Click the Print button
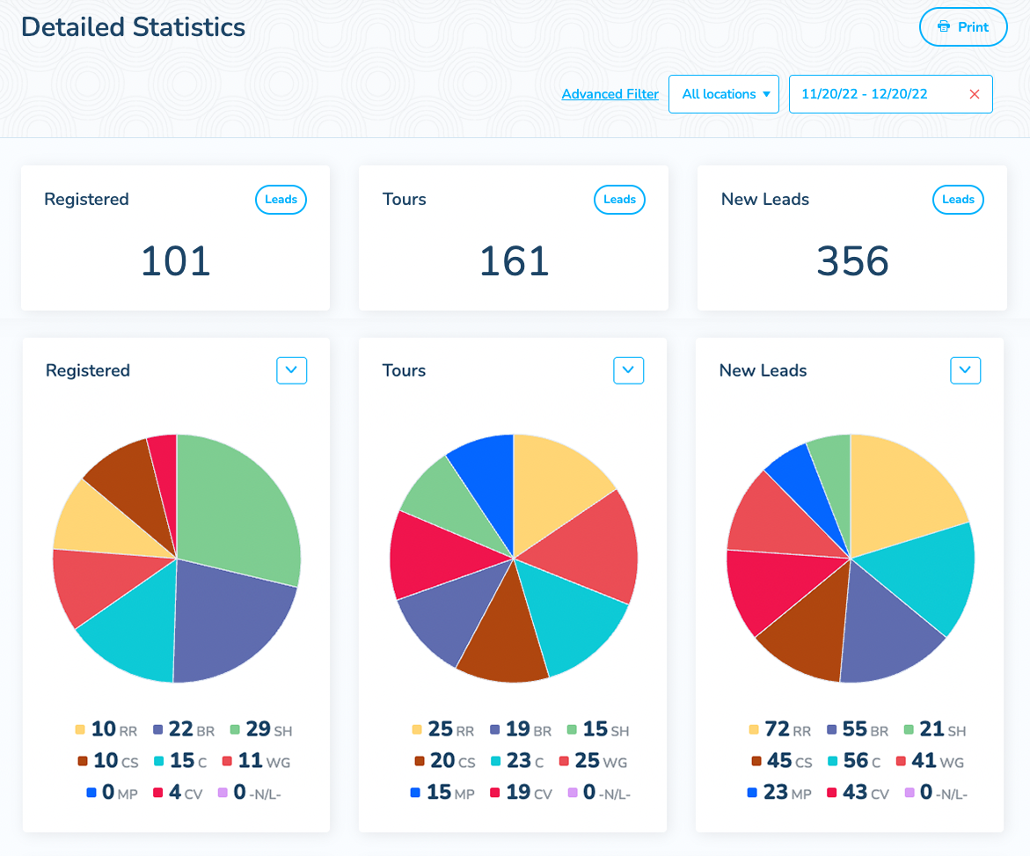coord(962,27)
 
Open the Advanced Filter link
coord(610,94)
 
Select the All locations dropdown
coord(724,94)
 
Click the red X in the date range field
coord(974,94)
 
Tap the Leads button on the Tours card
coord(619,200)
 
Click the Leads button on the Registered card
coord(281,200)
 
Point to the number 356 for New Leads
coord(852,261)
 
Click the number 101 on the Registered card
coord(176,261)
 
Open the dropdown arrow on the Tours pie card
coord(628,370)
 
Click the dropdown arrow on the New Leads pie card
coord(965,370)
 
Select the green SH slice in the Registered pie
coord(242,510)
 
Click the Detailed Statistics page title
coord(133,27)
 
